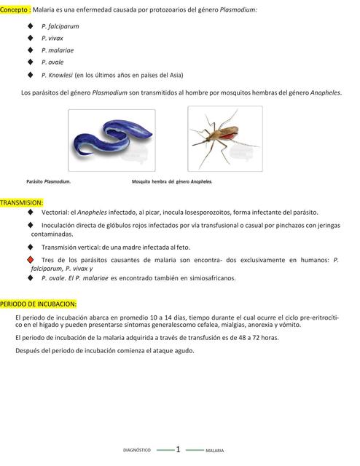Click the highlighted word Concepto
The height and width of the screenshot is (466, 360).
click(15, 9)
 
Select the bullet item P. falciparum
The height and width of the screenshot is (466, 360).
click(60, 25)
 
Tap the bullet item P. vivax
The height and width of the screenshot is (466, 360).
click(52, 38)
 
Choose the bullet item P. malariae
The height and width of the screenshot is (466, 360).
click(58, 50)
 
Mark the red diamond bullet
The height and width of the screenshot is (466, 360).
click(30, 260)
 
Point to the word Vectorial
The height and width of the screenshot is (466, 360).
click(55, 212)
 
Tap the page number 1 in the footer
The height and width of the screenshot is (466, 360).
click(178, 450)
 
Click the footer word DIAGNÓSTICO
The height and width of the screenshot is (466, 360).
click(136, 451)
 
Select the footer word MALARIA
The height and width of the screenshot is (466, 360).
click(214, 451)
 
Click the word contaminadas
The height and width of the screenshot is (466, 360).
click(52, 234)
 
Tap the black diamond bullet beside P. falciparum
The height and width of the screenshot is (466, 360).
click(30, 25)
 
